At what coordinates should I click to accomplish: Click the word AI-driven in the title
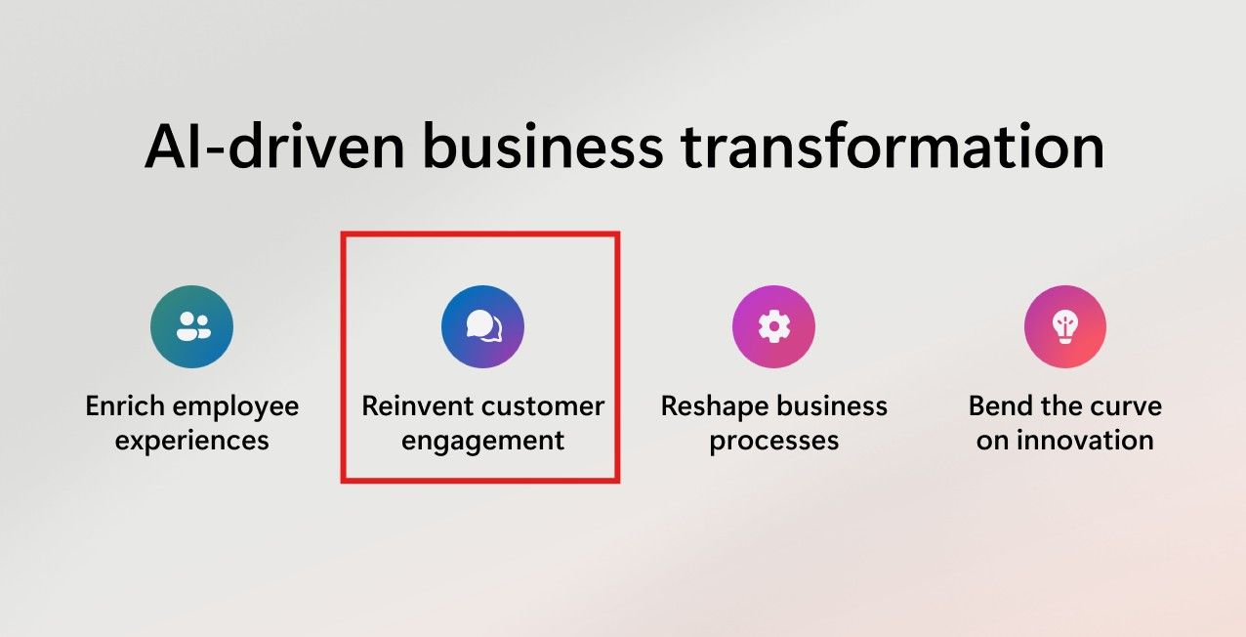274,146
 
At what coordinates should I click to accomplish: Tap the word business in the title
542,146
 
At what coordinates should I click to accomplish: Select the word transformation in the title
893,146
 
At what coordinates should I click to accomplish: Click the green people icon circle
192,326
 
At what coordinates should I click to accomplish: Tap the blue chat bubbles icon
482,326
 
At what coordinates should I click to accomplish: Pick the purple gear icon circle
773,326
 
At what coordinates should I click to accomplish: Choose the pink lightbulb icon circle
1065,326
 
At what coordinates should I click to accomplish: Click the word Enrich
125,406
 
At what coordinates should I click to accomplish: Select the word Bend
1001,406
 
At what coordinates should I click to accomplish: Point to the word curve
1125,407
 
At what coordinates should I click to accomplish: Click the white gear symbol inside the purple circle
773,326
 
